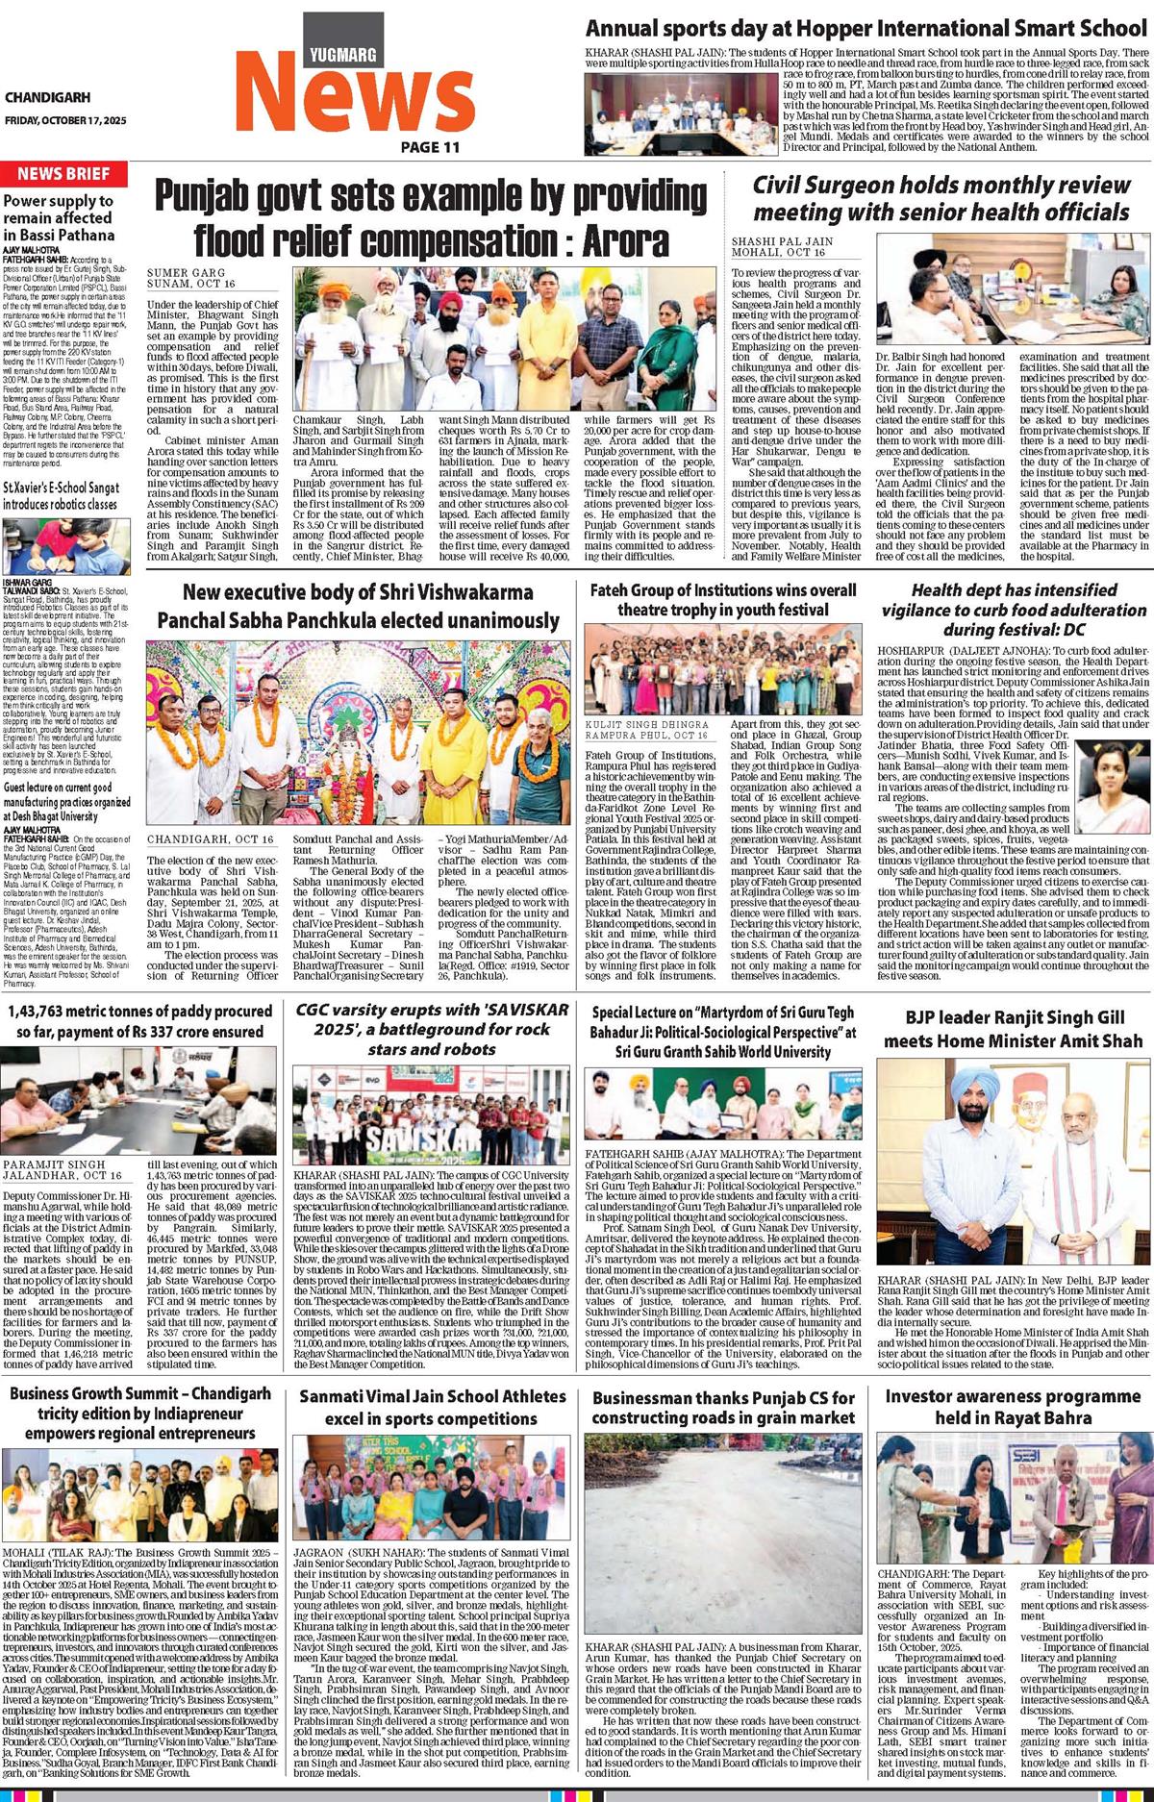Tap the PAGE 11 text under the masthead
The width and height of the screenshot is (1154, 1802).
[431, 147]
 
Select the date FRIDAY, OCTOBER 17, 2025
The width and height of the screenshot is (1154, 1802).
[65, 120]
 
